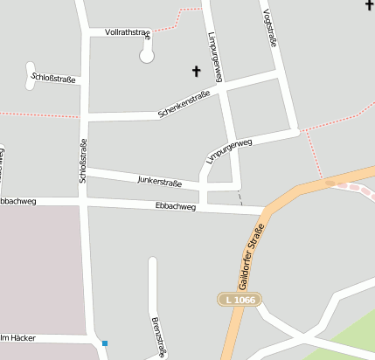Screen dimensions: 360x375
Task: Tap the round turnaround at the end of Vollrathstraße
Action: (x=147, y=56)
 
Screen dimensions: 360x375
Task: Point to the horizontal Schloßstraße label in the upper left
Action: (x=53, y=79)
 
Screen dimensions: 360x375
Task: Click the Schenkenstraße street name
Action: (x=184, y=105)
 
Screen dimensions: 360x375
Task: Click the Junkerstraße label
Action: (x=160, y=182)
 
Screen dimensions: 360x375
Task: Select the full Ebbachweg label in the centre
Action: (x=175, y=206)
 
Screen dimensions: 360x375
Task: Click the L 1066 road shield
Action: (x=239, y=300)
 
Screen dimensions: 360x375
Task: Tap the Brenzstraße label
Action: (x=158, y=336)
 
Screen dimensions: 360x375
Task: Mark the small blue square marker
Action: (x=105, y=343)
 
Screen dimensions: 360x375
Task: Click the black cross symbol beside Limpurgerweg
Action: (x=196, y=70)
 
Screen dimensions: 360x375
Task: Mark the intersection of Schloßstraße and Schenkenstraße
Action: (x=85, y=115)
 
